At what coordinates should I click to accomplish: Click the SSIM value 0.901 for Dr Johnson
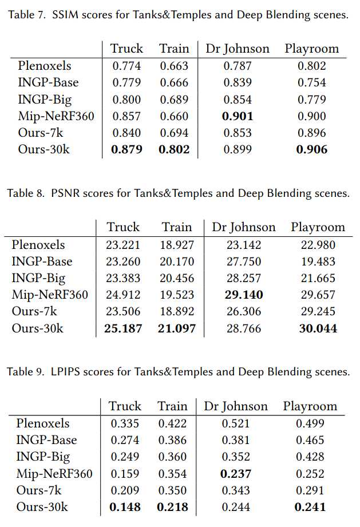[237, 116]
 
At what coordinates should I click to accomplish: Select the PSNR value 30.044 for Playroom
[318, 328]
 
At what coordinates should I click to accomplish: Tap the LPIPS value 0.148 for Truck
[125, 507]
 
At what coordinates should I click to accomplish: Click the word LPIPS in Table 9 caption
[66, 372]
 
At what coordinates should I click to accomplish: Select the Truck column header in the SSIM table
[126, 49]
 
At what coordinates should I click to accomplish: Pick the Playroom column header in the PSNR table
[318, 227]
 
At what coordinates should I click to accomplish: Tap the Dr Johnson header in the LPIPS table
[235, 406]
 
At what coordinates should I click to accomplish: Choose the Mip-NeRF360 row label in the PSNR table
[50, 295]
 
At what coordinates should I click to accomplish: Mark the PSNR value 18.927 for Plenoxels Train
[177, 245]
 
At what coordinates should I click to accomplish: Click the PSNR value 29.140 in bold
[244, 295]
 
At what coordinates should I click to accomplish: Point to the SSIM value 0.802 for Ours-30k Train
[174, 150]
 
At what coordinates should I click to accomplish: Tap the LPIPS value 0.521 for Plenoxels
[235, 423]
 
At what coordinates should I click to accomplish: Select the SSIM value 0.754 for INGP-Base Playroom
[312, 82]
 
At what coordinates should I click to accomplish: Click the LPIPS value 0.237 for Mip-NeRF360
[235, 474]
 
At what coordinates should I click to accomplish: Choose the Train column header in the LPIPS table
[172, 406]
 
